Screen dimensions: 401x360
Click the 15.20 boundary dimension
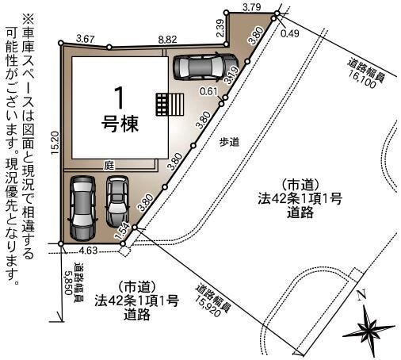55,143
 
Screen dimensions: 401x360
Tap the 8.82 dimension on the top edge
167,40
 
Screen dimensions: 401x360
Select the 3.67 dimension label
85,39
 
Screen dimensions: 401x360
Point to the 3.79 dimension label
252,7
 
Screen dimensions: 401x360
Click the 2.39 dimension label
222,29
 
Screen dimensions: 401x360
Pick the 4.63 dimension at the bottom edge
88,250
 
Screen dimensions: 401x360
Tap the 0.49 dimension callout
290,33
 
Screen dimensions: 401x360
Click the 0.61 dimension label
208,91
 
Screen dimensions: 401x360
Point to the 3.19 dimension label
231,75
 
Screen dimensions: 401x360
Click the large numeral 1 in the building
119,98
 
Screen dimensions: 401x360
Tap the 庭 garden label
109,166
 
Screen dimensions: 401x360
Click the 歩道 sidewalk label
229,142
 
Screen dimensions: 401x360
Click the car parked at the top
206,67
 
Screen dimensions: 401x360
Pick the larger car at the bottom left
82,208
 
